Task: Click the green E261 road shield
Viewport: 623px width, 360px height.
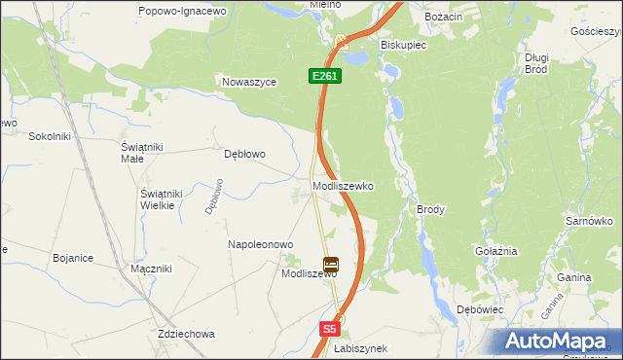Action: (325, 75)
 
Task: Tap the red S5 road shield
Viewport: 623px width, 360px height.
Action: (330, 330)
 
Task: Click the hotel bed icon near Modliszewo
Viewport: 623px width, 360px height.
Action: (331, 264)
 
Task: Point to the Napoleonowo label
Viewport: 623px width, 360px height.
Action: (260, 244)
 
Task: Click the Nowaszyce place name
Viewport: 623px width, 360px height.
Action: (250, 83)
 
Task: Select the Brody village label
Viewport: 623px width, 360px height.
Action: (430, 209)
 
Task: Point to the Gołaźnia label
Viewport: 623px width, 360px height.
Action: (495, 250)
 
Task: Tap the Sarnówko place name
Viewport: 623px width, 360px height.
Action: (588, 222)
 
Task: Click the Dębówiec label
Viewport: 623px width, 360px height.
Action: (479, 308)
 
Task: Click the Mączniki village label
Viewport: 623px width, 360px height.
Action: (151, 268)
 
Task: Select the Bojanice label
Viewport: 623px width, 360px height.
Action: (73, 258)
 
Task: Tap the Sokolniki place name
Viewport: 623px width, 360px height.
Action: (51, 136)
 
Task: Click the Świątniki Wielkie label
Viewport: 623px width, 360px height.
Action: (157, 198)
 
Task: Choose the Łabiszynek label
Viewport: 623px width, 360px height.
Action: (360, 348)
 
